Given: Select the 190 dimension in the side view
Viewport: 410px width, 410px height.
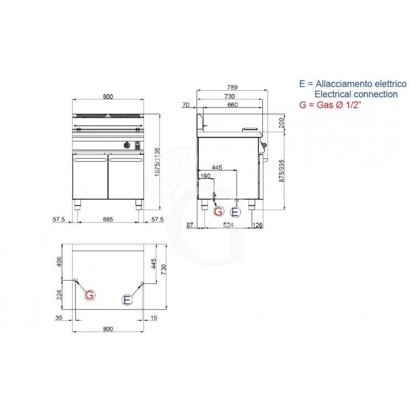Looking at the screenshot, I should point(206,176).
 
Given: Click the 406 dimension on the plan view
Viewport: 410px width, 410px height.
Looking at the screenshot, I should point(59,262).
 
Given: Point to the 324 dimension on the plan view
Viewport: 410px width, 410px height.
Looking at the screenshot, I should point(59,295).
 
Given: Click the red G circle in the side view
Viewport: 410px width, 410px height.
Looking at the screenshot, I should point(218,211).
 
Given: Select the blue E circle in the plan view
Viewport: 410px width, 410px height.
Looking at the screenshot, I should point(127,300).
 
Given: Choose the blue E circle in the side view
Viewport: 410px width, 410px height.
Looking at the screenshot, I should point(235,211).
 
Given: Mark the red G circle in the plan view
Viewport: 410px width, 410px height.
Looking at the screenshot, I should point(89,295).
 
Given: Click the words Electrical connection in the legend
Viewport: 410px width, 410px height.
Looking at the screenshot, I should point(356,94).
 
